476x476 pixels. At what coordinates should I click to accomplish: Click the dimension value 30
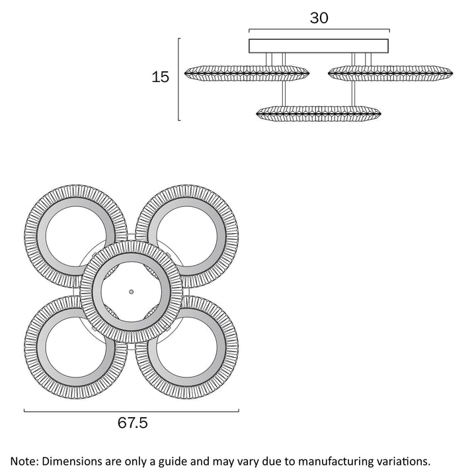(x=319, y=18)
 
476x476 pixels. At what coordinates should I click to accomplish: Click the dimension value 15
(x=161, y=77)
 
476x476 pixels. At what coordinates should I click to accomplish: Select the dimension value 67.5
(x=133, y=424)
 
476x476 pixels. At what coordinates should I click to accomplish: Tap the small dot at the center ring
(x=131, y=291)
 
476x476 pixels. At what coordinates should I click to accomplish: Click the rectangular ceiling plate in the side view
(x=319, y=46)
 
